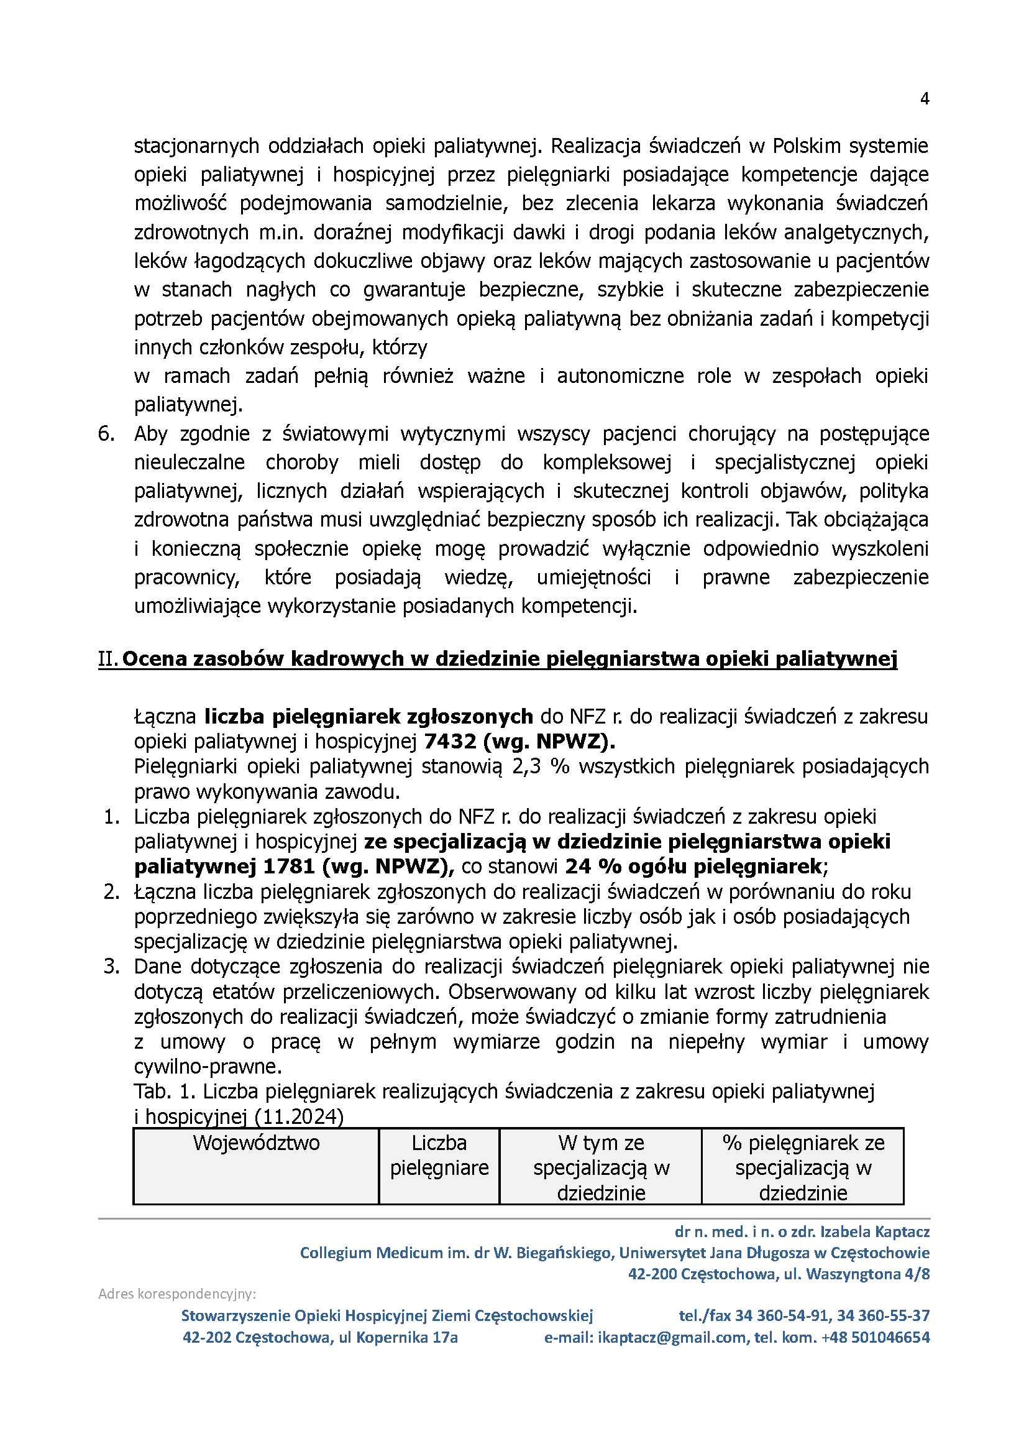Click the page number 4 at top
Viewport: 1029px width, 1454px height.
click(x=925, y=99)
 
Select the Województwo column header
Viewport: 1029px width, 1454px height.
click(x=256, y=1143)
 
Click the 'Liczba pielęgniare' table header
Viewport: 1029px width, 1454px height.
click(x=439, y=1155)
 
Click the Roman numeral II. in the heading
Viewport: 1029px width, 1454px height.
click(x=107, y=659)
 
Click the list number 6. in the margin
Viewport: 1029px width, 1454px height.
click(x=106, y=433)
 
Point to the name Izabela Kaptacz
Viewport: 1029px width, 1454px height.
click(x=875, y=1231)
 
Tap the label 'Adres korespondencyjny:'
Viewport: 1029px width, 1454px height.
click(x=176, y=1294)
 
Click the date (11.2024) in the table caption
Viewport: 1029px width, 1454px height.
click(x=298, y=1117)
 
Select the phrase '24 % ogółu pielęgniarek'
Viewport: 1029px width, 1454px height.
click(x=695, y=866)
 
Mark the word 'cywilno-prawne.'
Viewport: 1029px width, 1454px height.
click(x=208, y=1067)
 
